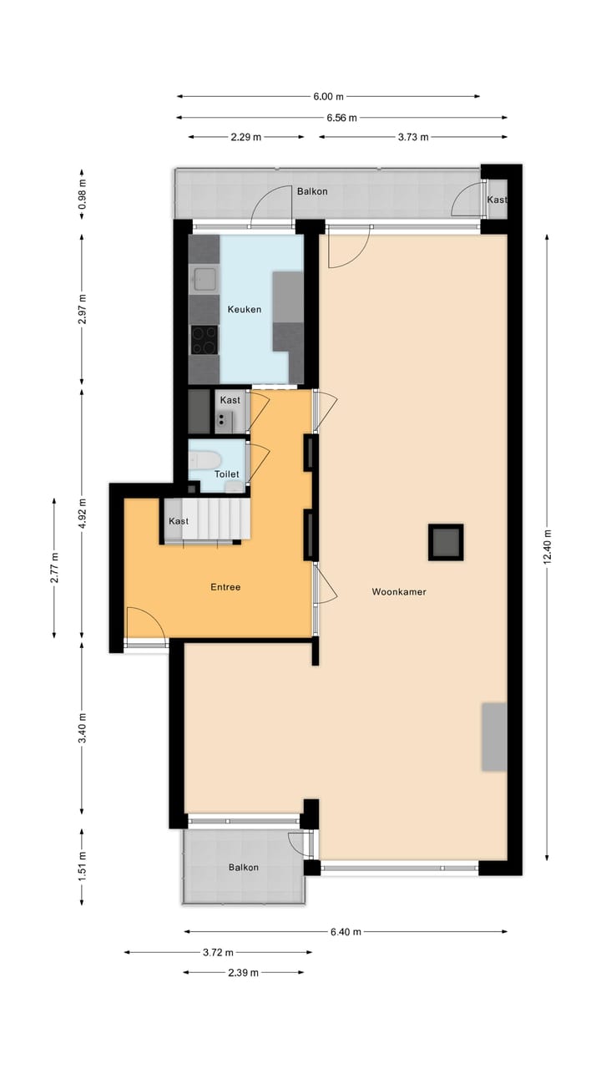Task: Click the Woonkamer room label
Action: tap(399, 592)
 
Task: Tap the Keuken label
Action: tap(245, 309)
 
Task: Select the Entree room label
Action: tap(225, 587)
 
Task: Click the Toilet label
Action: tap(226, 474)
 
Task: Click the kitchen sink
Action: tap(204, 279)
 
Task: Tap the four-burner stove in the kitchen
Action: tap(204, 339)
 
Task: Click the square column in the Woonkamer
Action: tap(446, 542)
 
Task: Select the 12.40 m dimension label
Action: tap(547, 547)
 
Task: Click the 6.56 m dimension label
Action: tap(341, 118)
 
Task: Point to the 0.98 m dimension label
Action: tap(82, 194)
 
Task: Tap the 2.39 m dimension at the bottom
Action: tap(242, 972)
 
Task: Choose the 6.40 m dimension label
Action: tap(345, 932)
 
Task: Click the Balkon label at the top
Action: tap(312, 191)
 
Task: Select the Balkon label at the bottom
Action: tap(244, 868)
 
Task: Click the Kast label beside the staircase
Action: tap(179, 521)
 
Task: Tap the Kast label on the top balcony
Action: tap(497, 200)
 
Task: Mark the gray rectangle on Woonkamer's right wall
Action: tap(493, 737)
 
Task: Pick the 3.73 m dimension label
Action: tap(412, 137)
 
